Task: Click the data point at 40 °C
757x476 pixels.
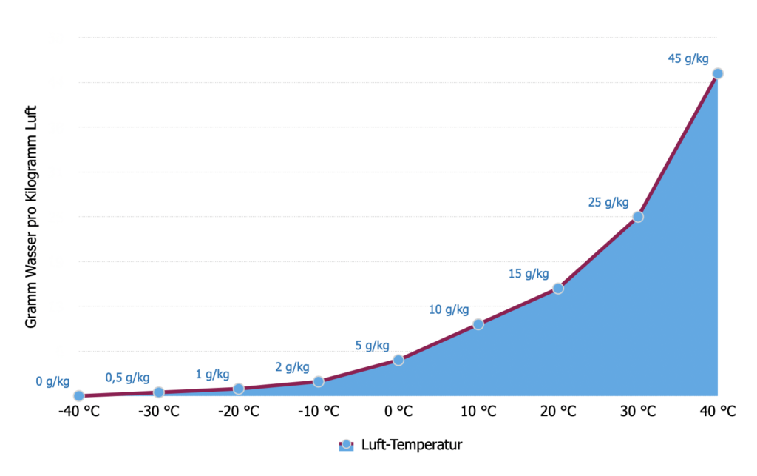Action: pos(717,73)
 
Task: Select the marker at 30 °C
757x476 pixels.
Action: pos(638,217)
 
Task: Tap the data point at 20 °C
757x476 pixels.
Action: pos(558,289)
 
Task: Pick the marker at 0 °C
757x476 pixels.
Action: pos(398,360)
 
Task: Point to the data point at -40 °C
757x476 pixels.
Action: pos(79,396)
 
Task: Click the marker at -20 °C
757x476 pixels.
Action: pos(239,389)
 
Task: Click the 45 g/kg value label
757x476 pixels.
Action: pos(688,58)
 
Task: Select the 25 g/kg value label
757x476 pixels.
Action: pos(608,202)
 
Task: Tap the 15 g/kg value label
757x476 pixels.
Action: pos(529,274)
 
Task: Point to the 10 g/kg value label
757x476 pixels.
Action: pos(449,309)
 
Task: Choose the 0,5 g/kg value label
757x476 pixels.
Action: pos(127,378)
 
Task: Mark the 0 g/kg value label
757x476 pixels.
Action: pos(52,382)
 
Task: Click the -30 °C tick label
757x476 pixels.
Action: pos(159,412)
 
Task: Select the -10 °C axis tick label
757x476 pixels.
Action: pos(319,412)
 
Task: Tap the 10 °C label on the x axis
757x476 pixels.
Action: pos(478,412)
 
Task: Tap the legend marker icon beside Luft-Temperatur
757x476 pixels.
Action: pos(347,445)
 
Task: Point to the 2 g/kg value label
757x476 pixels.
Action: pos(292,367)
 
